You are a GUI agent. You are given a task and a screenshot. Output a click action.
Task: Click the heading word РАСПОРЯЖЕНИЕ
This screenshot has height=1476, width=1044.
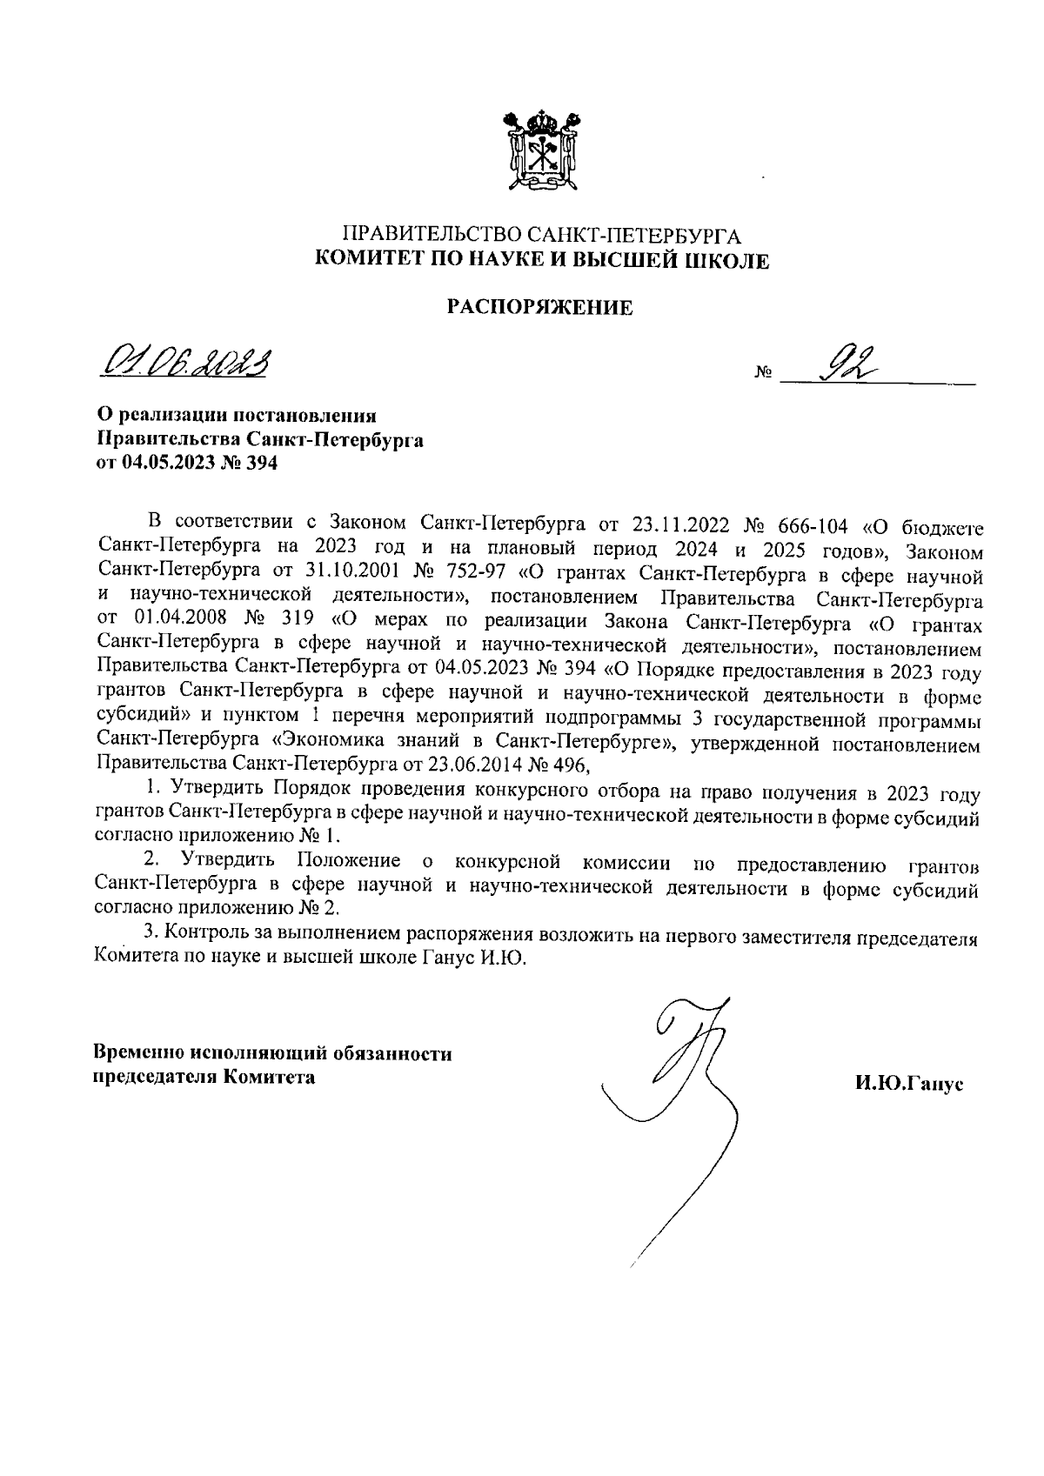coord(539,307)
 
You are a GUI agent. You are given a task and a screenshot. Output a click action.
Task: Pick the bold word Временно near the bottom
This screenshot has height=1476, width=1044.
coord(138,1054)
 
